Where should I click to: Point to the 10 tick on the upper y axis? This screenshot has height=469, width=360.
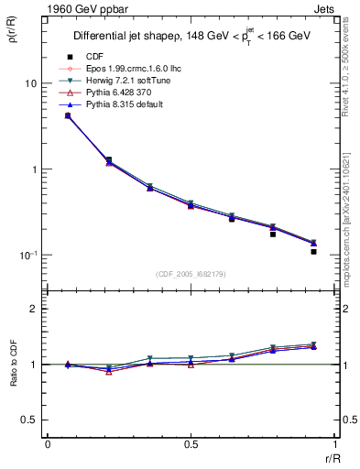click(29, 83)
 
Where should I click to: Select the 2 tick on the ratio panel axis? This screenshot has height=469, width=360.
click(34, 309)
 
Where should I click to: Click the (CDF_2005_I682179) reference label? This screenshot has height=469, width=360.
click(190, 274)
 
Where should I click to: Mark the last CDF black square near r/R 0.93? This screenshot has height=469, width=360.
click(313, 251)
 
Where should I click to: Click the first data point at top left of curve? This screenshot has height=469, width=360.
click(68, 115)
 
